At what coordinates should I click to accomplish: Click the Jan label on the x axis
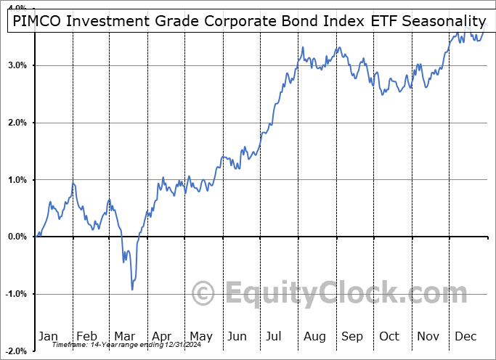tap(48, 336)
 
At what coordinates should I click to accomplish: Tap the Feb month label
tap(86, 336)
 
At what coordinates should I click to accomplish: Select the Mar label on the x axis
tap(124, 336)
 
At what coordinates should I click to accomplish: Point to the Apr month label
tap(162, 336)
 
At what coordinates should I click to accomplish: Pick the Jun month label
tap(237, 336)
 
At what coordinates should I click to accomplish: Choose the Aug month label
tap(314, 336)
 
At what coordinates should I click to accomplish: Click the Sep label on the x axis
tap(352, 336)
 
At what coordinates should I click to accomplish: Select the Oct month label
tap(390, 336)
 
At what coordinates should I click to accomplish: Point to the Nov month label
tap(428, 336)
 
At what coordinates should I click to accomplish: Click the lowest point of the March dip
tap(132, 290)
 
